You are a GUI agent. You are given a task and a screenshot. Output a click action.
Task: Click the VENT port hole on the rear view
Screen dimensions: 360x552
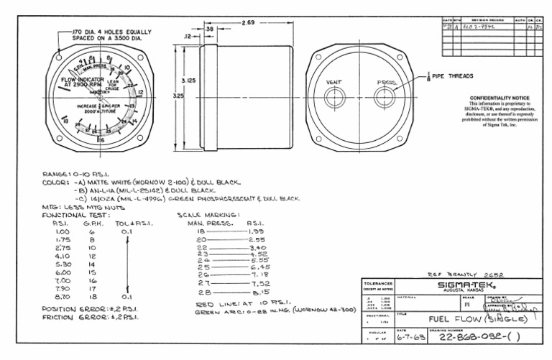coord(335,98)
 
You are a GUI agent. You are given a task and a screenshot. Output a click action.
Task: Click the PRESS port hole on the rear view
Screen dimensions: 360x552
coord(385,98)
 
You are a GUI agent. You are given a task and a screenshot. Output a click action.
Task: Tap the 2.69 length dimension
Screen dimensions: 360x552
coord(249,22)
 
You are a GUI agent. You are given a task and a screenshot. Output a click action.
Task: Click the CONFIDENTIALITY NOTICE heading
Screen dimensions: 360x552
coord(499,98)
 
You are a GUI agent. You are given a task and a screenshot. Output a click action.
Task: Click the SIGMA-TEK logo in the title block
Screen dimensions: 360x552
coord(468,285)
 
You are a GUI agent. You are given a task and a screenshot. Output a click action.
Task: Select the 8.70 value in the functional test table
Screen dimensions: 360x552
coord(62,297)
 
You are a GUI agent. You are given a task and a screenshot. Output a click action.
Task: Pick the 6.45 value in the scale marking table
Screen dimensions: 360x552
coord(259,267)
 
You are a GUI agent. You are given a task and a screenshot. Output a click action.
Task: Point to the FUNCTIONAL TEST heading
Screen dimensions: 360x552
coord(75,215)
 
